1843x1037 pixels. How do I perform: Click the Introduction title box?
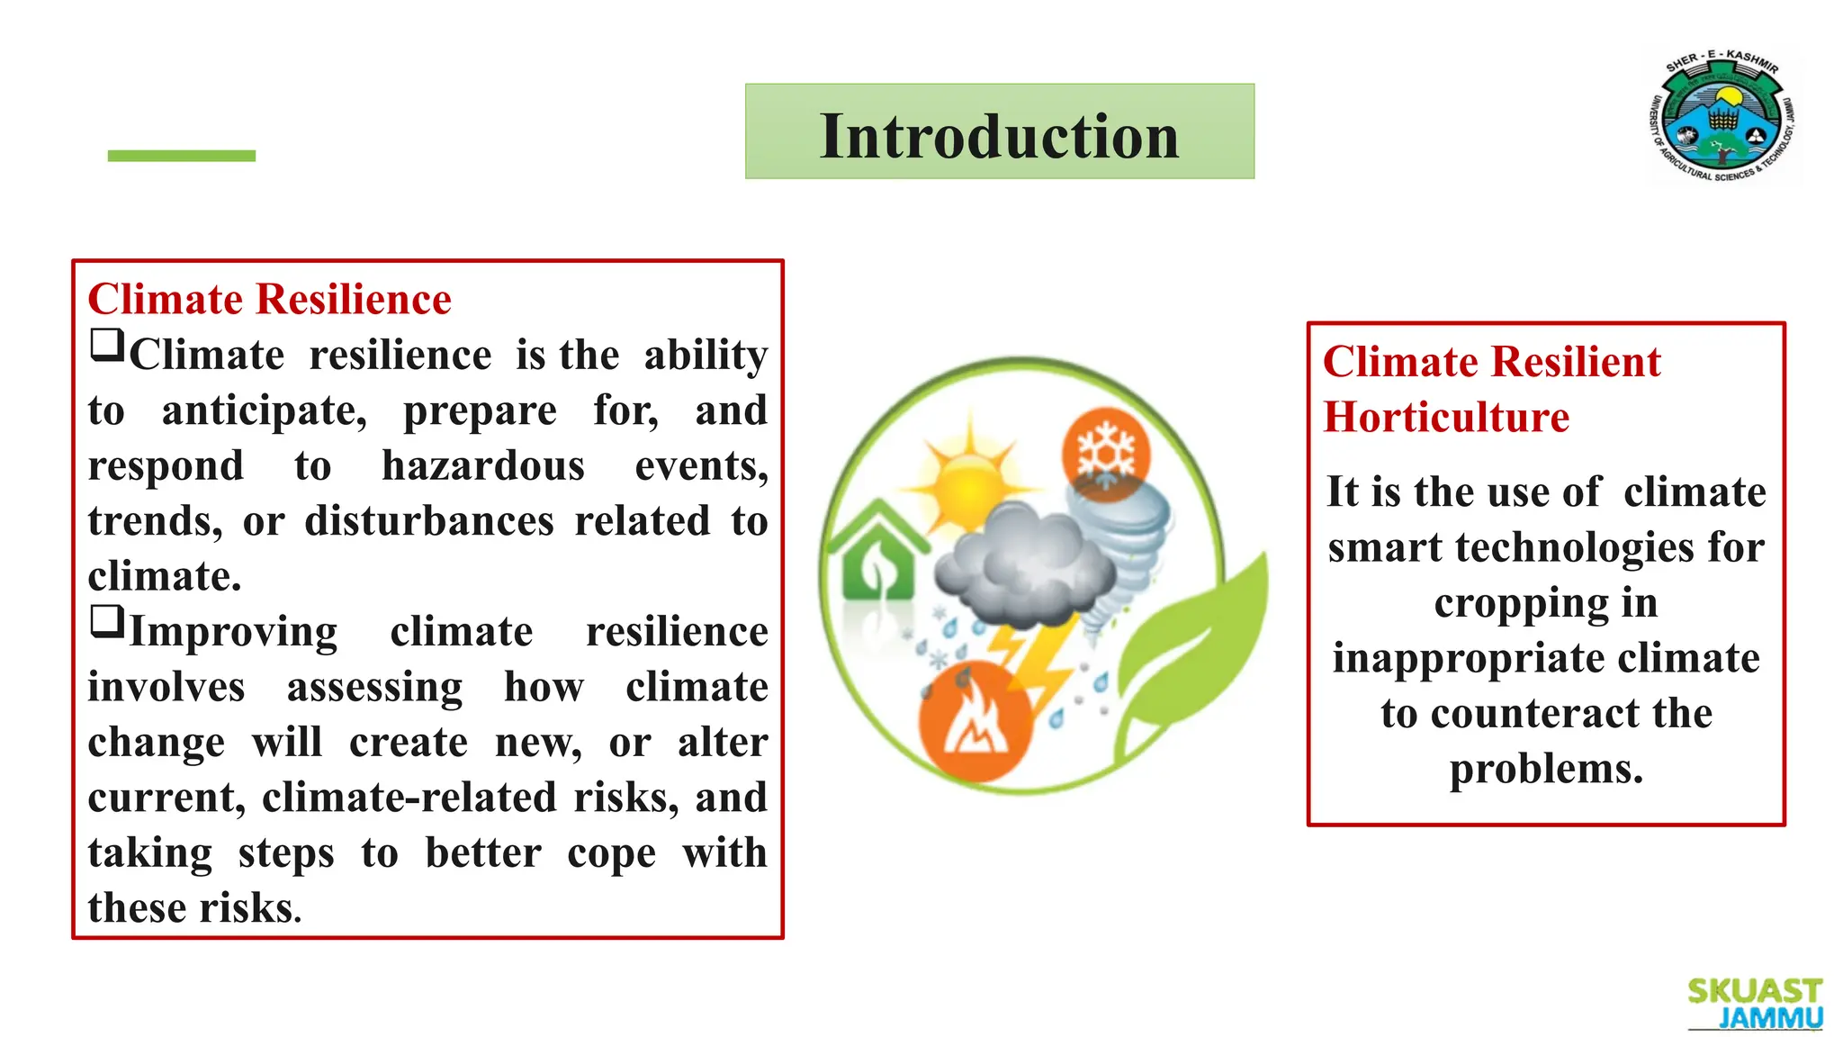[x=999, y=131]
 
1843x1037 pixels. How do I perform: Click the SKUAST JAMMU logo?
[x=1754, y=1003]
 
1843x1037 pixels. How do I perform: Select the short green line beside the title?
[x=181, y=156]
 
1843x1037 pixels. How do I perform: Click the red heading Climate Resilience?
[x=269, y=299]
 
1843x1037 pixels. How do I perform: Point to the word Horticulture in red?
[x=1445, y=418]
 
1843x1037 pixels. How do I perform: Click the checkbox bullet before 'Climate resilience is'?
[x=107, y=345]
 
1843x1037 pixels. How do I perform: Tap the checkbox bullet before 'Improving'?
[x=107, y=621]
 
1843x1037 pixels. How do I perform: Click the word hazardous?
[x=482, y=466]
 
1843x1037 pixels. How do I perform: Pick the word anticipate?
[x=264, y=411]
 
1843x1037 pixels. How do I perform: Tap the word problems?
[x=1545, y=770]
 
